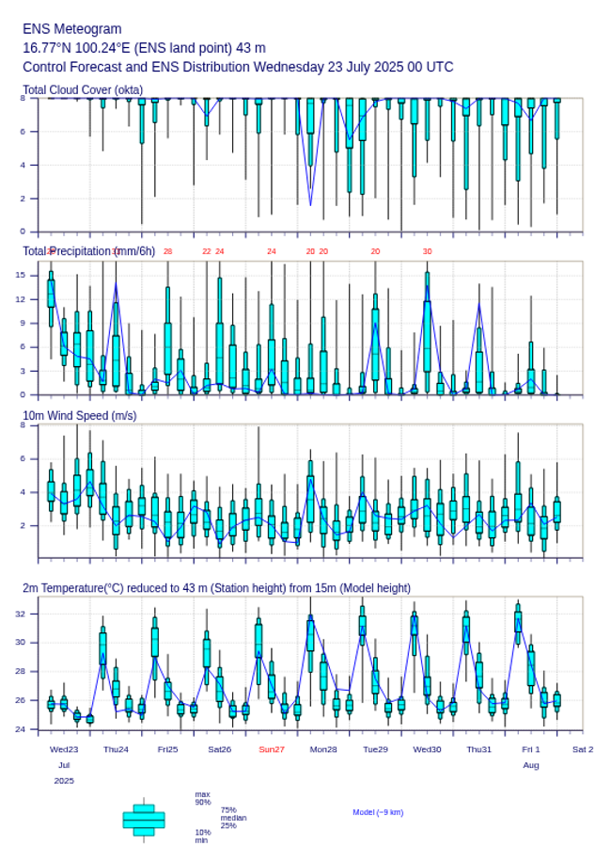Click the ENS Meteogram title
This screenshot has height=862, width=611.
point(71,29)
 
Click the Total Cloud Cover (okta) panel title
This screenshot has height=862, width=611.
point(83,89)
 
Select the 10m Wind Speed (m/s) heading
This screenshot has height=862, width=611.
point(79,416)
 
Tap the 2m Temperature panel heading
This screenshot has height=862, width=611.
point(216,588)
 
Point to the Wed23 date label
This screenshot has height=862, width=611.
point(64,749)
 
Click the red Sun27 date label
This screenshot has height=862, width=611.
point(272,749)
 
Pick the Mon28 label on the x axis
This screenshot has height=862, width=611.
point(323,749)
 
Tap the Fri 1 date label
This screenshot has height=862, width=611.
point(531,749)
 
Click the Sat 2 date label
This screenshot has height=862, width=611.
point(583,749)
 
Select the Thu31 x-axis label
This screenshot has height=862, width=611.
point(479,749)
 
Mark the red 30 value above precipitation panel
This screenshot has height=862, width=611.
point(427,251)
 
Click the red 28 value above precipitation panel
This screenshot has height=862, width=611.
point(167,251)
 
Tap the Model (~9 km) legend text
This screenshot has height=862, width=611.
point(378,812)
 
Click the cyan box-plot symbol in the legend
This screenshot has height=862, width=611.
point(144,820)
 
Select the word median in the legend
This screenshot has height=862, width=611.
point(233,818)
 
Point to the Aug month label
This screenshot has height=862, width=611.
point(531,765)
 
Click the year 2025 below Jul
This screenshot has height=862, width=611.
point(64,781)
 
